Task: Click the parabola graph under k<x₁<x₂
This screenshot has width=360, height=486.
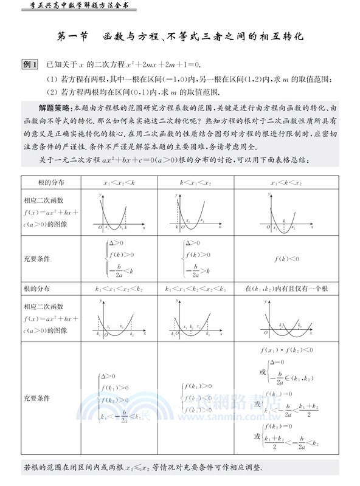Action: pyautogui.click(x=195, y=213)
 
